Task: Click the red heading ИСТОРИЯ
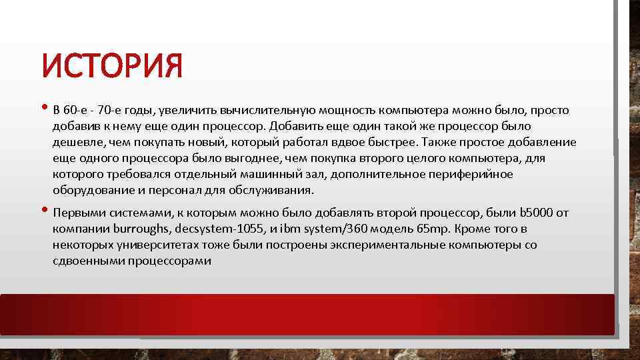(111, 67)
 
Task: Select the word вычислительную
(263, 110)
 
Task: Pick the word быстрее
(390, 142)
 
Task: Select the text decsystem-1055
(217, 229)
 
